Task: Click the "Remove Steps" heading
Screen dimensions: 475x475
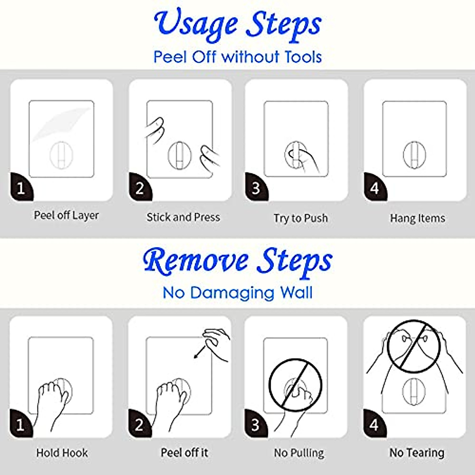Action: pyautogui.click(x=237, y=261)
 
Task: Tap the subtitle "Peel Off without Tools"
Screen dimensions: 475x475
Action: pyautogui.click(x=237, y=57)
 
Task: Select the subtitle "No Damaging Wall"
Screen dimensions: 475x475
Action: pyautogui.click(x=237, y=293)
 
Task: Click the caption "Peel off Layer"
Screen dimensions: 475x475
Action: pyautogui.click(x=66, y=215)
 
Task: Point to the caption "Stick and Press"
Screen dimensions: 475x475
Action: pyautogui.click(x=183, y=217)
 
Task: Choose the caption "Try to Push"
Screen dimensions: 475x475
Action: pyautogui.click(x=300, y=218)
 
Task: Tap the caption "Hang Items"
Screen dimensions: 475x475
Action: pyautogui.click(x=417, y=218)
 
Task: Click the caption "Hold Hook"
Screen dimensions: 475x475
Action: pyautogui.click(x=62, y=453)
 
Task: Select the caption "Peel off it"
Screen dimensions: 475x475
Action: pyautogui.click(x=184, y=452)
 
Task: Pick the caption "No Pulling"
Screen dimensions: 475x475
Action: pyautogui.click(x=299, y=453)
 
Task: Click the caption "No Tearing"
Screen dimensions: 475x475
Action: pyautogui.click(x=417, y=452)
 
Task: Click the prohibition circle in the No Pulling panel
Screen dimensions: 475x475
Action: pyautogui.click(x=295, y=385)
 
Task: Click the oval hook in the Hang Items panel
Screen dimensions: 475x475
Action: pyautogui.click(x=414, y=155)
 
